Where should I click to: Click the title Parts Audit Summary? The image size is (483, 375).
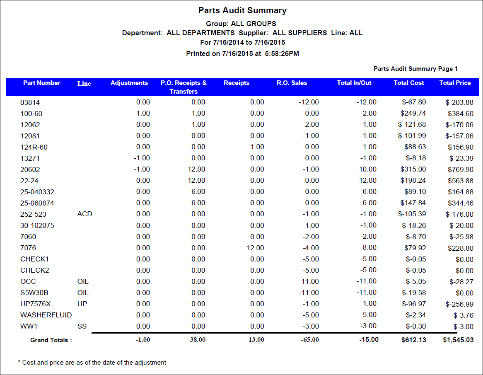point(242,10)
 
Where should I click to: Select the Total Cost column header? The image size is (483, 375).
point(408,83)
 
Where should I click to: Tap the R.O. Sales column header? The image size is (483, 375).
point(292,83)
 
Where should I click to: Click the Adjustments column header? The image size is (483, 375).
point(129,83)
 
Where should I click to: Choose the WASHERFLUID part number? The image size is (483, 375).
point(46,315)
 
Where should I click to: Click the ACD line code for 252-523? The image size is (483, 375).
point(85,214)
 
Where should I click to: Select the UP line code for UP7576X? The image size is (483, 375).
point(82,304)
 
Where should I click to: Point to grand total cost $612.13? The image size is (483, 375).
point(413,340)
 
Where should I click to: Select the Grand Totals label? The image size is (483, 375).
point(51,340)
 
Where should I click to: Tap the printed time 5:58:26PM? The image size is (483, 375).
point(281,53)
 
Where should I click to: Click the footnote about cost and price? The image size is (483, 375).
point(92,363)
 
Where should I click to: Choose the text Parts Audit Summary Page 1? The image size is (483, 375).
point(415,69)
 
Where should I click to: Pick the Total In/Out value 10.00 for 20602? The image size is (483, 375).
point(367,169)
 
